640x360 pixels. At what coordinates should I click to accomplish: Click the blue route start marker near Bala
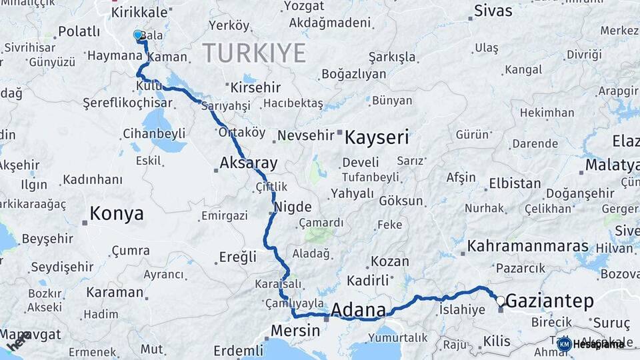tap(138, 35)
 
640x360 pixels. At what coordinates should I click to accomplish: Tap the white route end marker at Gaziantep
tap(500, 301)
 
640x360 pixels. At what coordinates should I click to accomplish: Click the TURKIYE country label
tap(254, 52)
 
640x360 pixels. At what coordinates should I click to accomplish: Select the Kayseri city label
tap(376, 138)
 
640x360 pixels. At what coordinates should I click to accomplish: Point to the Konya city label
tap(116, 213)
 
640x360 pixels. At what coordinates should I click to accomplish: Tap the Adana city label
tap(358, 310)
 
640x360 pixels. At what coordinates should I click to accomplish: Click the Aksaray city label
tap(248, 163)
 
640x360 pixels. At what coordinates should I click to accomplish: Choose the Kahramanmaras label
tap(527, 246)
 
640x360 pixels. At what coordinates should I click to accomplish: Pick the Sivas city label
tap(493, 11)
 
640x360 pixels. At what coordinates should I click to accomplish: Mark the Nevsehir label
tap(305, 135)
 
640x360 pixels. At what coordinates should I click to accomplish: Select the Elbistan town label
tap(514, 183)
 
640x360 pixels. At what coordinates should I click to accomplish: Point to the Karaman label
tap(115, 292)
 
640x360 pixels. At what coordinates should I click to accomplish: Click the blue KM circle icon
tap(564, 344)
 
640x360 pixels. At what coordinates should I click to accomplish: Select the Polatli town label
tap(79, 31)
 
